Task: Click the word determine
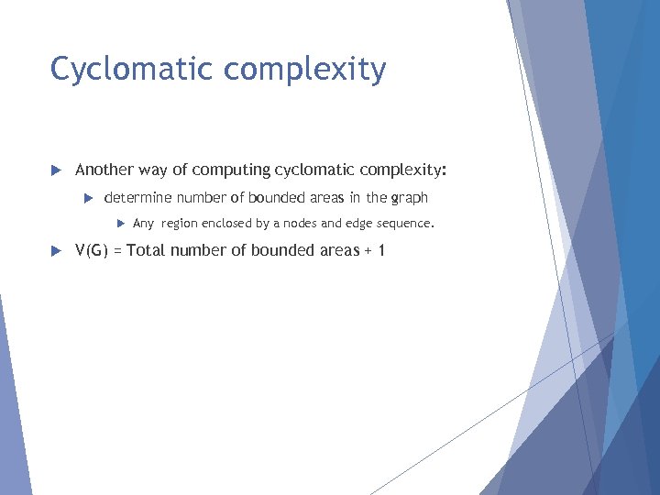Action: click(138, 197)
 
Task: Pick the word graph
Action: click(410, 198)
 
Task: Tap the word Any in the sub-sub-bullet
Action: click(144, 223)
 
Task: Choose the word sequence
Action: click(404, 223)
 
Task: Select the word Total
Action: click(145, 250)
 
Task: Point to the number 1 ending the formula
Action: click(381, 250)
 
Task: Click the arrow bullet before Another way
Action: click(55, 170)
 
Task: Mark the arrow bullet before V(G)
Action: click(55, 251)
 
